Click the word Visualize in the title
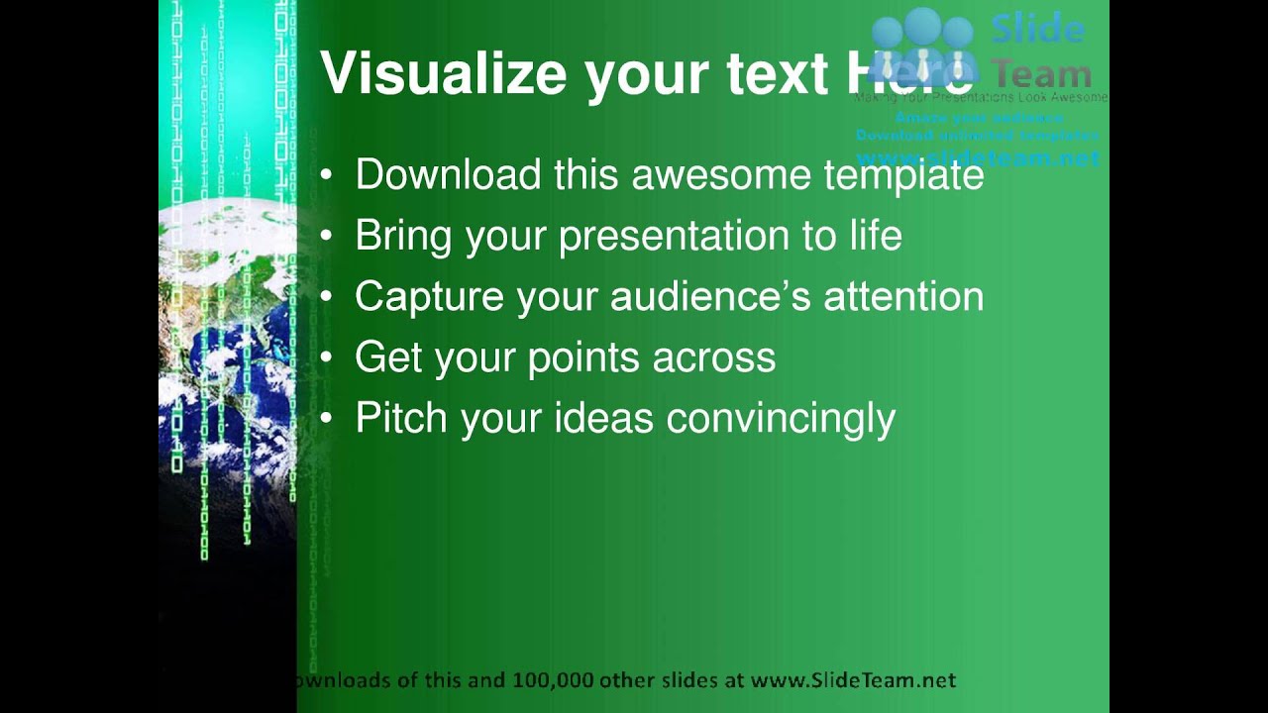click(x=444, y=75)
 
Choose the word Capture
click(x=429, y=297)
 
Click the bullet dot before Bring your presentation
click(x=328, y=237)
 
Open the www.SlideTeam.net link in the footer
click(x=853, y=680)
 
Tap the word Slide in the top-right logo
click(x=1038, y=29)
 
